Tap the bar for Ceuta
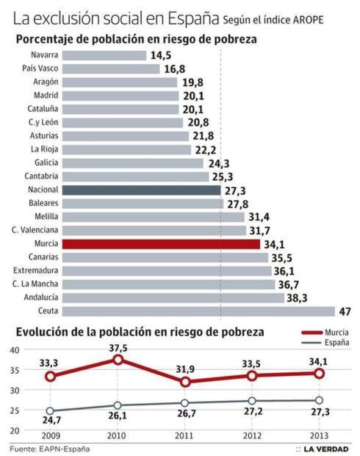click(x=198, y=311)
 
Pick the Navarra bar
click(x=104, y=55)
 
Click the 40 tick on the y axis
click(x=14, y=350)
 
